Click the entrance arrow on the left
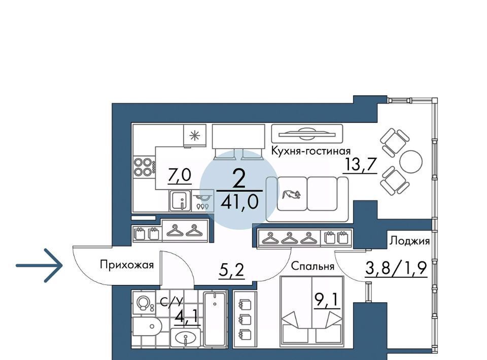(39, 265)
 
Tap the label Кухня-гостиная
(310, 151)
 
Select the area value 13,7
(360, 165)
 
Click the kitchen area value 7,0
(179, 175)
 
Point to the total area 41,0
(239, 202)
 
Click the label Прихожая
(127, 265)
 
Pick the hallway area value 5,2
(231, 270)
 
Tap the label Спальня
(313, 266)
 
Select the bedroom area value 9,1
(327, 300)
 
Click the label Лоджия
(410, 241)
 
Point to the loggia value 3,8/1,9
(396, 268)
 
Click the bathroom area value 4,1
(187, 317)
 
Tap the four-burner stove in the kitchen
(144, 167)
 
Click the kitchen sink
(180, 201)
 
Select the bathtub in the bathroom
(215, 319)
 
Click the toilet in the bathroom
(147, 327)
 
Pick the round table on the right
(411, 162)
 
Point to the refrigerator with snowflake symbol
(195, 135)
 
